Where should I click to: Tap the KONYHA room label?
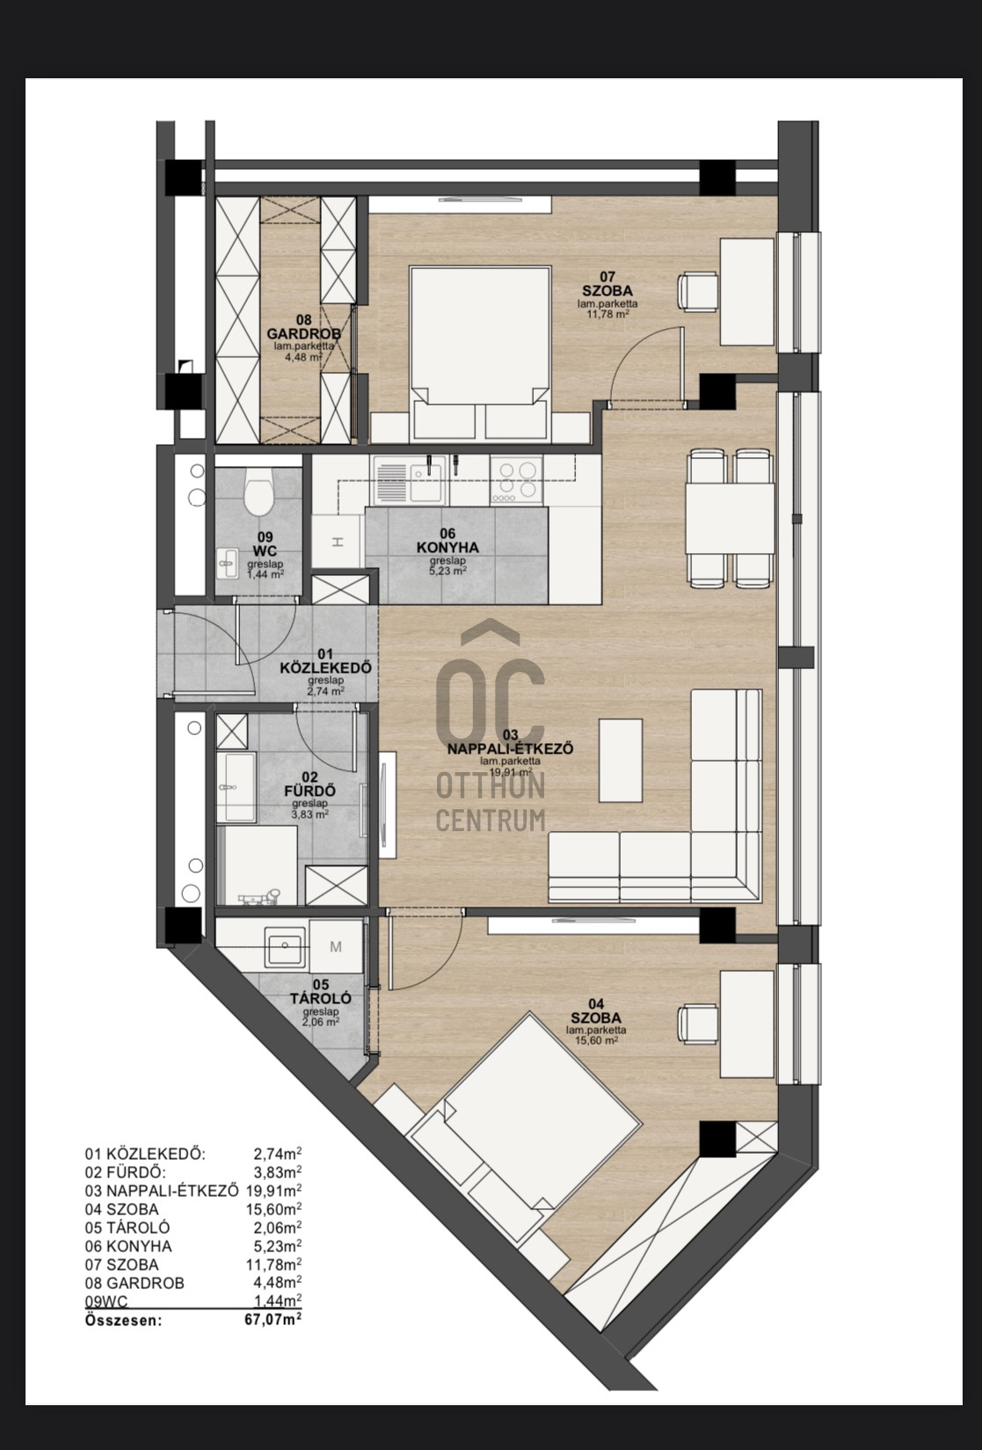click(x=447, y=548)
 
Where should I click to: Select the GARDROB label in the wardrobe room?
click(x=303, y=333)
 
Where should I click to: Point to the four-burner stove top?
click(x=517, y=479)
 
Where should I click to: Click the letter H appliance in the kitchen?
click(x=338, y=543)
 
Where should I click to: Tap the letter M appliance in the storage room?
click(x=335, y=947)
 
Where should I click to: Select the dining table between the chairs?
click(x=731, y=519)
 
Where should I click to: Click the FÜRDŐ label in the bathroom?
click(x=310, y=791)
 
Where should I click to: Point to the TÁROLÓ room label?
click(x=320, y=998)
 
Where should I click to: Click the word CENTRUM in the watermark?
click(x=490, y=820)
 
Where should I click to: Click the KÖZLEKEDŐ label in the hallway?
click(x=325, y=667)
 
